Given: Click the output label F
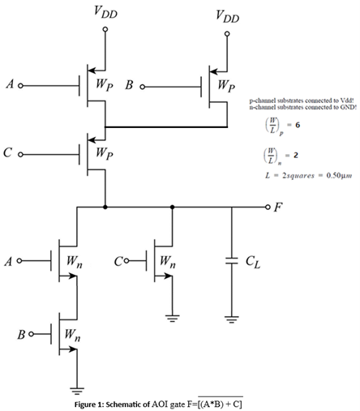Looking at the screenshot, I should point(278,208).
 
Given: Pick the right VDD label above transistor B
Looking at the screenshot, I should point(227,16).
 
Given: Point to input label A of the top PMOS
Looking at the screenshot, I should point(8,83).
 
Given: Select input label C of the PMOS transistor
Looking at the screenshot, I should point(8,152).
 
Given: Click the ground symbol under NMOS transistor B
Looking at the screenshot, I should point(77,387).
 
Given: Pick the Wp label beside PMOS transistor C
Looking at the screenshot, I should point(104,152).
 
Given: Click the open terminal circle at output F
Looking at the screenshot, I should point(268,207).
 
